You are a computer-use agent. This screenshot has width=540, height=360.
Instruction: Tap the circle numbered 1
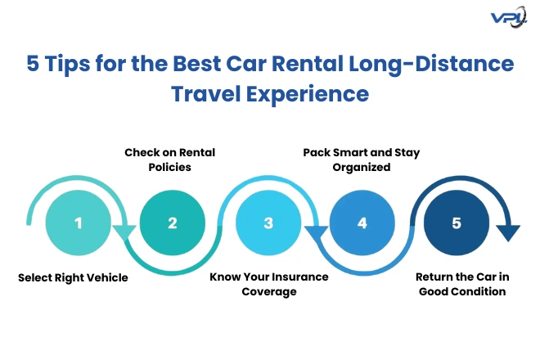coord(79,223)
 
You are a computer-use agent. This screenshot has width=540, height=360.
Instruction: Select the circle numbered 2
coord(173,223)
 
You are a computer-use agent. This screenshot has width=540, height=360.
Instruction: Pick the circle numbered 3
coord(268,223)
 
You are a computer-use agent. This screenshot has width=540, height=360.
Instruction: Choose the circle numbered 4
coord(362,223)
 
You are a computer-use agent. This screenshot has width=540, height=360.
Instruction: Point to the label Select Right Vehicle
coord(74,277)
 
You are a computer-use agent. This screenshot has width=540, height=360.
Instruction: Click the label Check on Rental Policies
coord(169,160)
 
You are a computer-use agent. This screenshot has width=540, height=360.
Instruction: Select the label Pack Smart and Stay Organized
coord(361,160)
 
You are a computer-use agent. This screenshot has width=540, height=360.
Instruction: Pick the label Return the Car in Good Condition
coord(460,284)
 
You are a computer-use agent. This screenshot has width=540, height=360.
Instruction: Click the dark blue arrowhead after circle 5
coord(508,234)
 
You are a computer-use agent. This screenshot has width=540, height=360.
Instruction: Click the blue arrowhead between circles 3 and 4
coord(316,234)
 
